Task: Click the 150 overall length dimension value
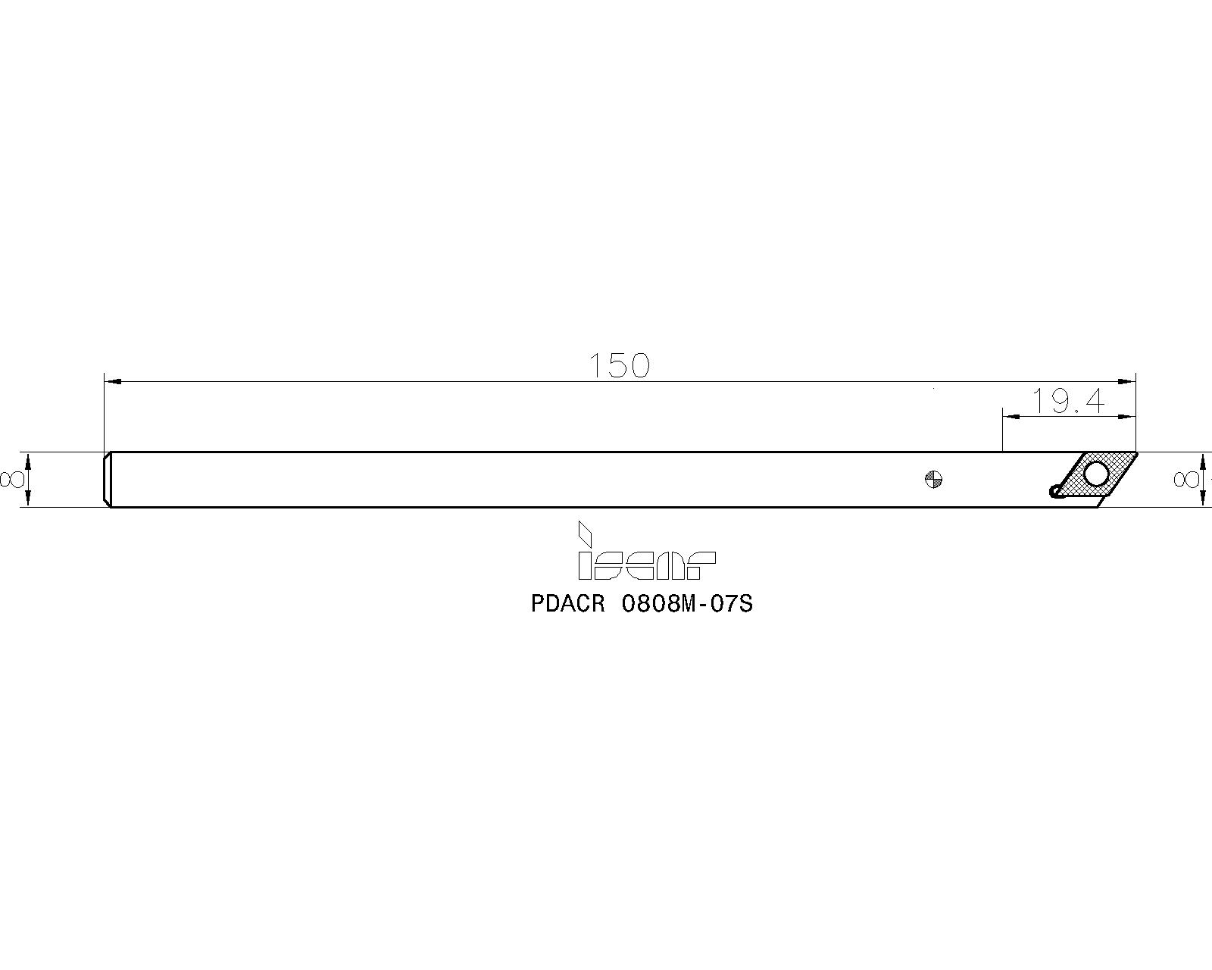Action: (x=619, y=365)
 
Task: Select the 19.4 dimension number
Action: (x=1068, y=402)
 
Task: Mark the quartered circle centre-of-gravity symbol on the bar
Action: (x=934, y=480)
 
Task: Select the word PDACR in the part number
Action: (x=567, y=604)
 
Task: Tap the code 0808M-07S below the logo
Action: (x=686, y=604)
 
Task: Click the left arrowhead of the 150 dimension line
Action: (x=113, y=382)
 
